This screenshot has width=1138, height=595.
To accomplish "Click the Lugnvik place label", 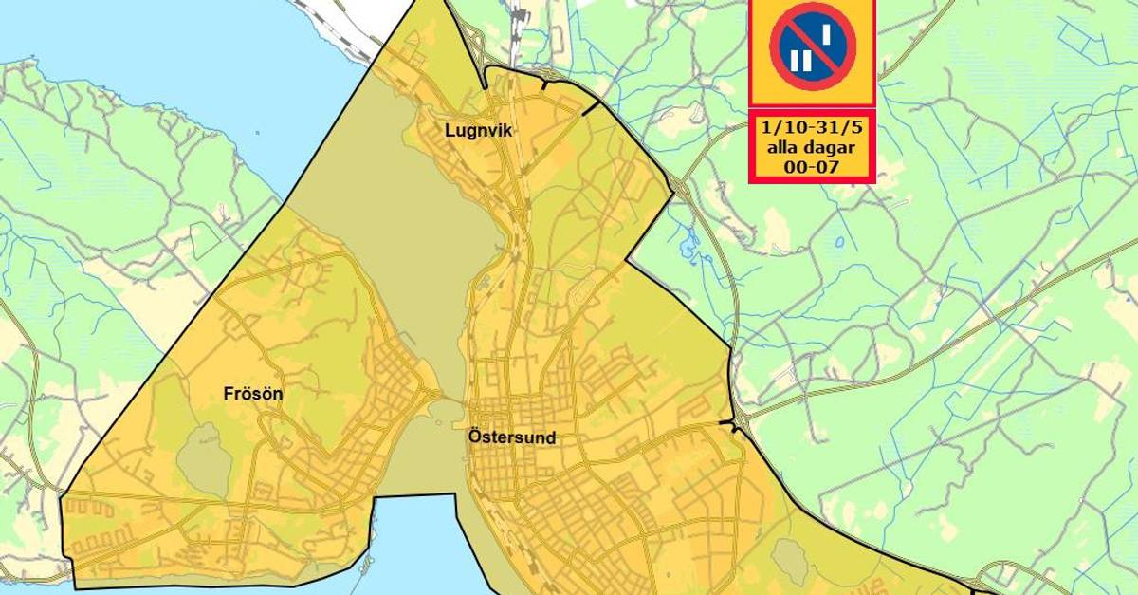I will (479, 131).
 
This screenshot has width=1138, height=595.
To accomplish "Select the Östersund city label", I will (512, 438).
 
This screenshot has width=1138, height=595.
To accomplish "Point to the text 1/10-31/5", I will (812, 128).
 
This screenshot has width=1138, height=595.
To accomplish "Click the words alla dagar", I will (812, 147).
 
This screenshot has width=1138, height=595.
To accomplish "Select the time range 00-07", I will (812, 166).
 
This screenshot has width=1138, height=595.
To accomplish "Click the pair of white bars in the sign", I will (801, 60).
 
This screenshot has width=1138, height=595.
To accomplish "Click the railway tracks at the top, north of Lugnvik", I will (518, 24).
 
